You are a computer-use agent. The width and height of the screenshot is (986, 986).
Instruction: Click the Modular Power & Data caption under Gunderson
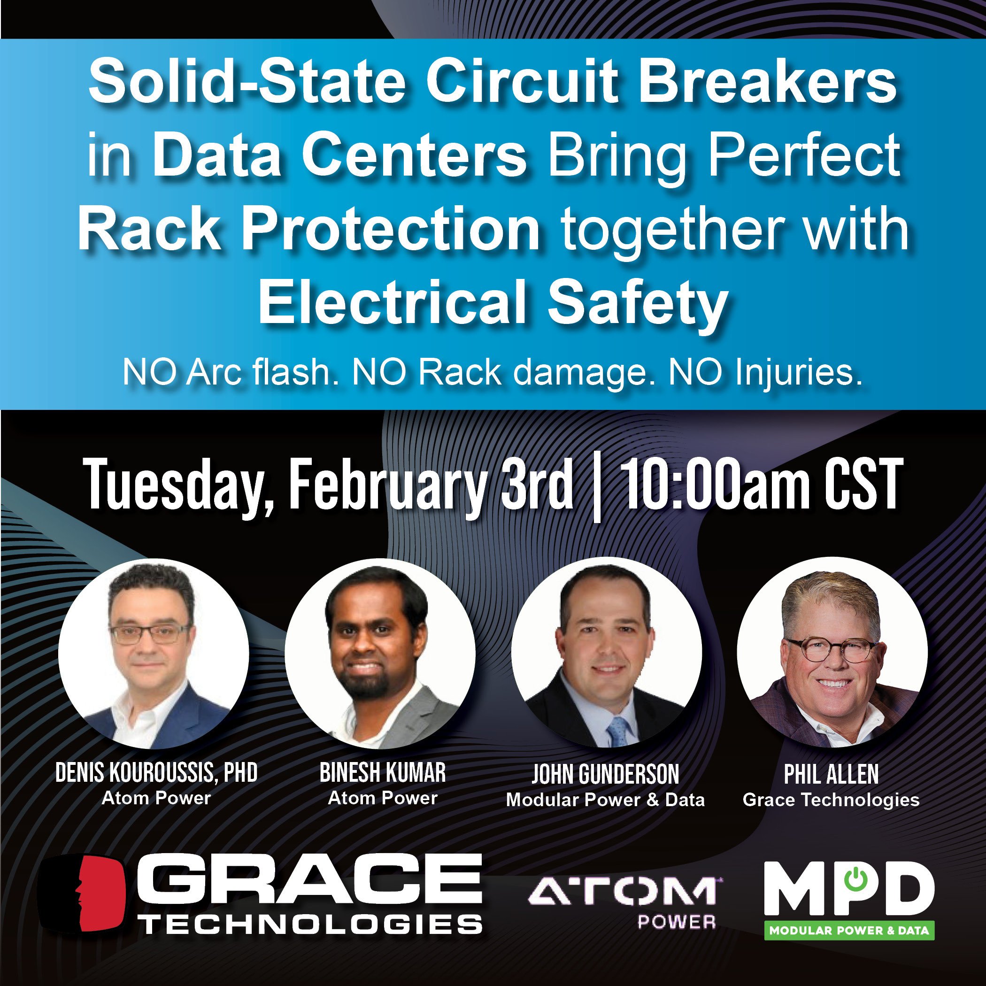click(x=605, y=800)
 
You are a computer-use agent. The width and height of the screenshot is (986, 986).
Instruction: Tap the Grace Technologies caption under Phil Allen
click(x=832, y=800)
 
